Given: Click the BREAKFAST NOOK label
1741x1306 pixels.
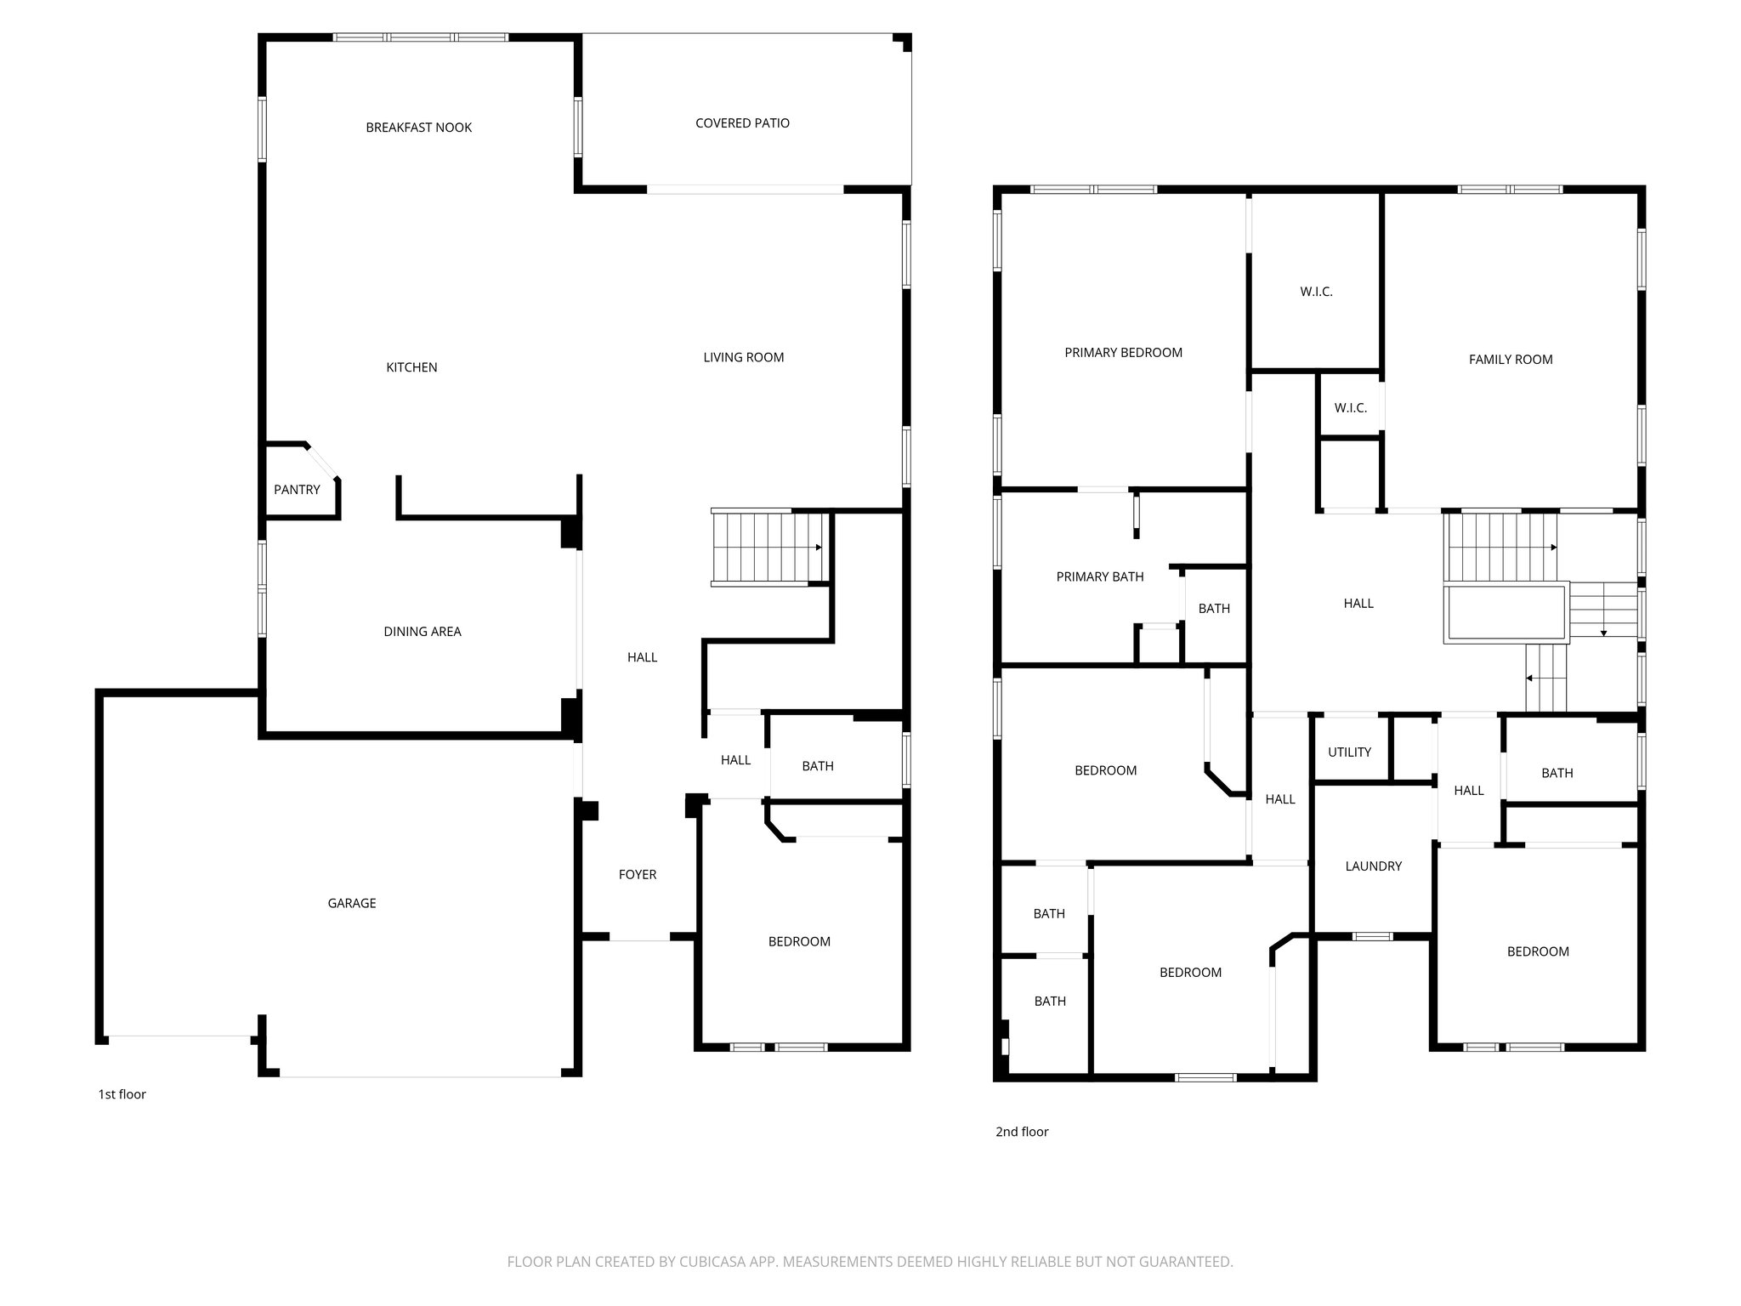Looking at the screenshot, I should tap(418, 128).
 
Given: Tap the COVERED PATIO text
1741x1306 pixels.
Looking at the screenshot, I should tap(742, 123).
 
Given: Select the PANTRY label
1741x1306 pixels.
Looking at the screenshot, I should tap(297, 490).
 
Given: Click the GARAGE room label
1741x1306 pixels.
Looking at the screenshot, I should tap(352, 903).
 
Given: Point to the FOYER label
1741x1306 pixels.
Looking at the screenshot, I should tap(638, 874).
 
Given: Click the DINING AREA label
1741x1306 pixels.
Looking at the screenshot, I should tap(422, 631).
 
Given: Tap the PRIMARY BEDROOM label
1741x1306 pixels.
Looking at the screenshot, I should tap(1123, 352).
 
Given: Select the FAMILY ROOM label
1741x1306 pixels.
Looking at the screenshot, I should tap(1511, 360).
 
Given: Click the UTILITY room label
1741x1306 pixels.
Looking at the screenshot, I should tap(1349, 752).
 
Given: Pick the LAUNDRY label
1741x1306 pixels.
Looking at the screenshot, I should tap(1373, 866).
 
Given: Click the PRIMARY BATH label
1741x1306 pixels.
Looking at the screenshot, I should tap(1099, 576).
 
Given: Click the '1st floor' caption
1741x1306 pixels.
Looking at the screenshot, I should tap(122, 1094).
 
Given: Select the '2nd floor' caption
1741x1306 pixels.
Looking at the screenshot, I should tap(1022, 1132).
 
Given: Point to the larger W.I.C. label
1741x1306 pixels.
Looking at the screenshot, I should tap(1316, 292).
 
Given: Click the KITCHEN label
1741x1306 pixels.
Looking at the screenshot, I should tap(411, 367).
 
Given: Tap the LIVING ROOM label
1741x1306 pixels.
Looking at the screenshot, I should tap(743, 357).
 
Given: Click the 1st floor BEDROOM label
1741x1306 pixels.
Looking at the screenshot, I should tap(799, 941).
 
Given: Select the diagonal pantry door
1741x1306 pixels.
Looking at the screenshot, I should tap(322, 461).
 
